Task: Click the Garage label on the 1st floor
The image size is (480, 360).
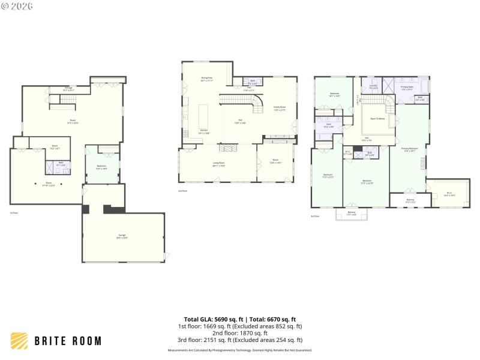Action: [122, 238]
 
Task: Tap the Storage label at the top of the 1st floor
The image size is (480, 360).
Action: [69, 89]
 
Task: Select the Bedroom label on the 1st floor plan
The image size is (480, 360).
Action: [101, 168]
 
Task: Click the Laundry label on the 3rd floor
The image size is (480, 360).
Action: [373, 86]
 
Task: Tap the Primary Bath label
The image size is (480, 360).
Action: [407, 88]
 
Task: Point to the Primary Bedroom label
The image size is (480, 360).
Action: [410, 151]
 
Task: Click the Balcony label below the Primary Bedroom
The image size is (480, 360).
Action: [410, 200]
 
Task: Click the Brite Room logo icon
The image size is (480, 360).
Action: [19, 341]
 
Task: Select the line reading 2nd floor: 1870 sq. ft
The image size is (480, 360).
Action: [239, 333]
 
